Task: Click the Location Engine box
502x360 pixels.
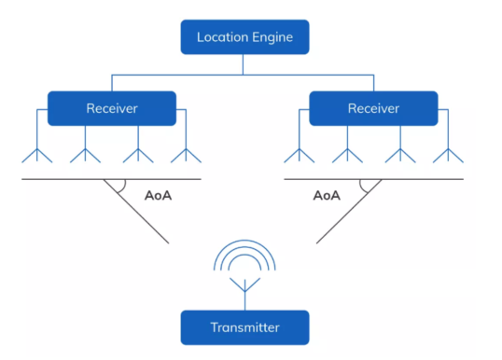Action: [x=244, y=37]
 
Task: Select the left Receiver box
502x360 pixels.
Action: [x=112, y=108]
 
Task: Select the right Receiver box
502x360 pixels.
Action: [x=373, y=108]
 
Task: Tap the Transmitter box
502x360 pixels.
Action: [x=244, y=327]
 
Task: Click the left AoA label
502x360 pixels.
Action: [x=160, y=196]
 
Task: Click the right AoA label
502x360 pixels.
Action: [x=327, y=196]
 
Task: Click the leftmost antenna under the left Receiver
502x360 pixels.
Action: [x=36, y=154]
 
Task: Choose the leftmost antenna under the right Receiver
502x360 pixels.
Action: [x=299, y=154]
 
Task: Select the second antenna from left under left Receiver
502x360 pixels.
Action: [x=87, y=154]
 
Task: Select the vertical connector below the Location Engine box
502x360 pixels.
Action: [x=244, y=63]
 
